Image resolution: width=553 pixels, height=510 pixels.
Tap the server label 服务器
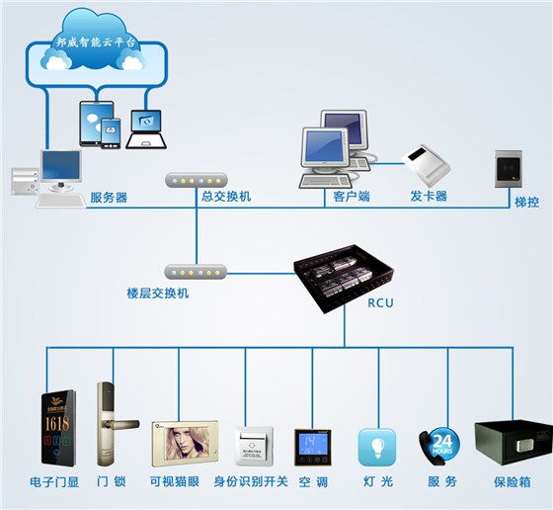109,197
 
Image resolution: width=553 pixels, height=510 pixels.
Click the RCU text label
379,303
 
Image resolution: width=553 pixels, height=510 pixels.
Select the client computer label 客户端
345,197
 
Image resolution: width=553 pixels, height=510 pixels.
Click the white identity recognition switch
252,446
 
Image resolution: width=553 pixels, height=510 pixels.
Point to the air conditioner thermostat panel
312,447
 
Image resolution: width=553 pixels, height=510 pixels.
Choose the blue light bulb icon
376,447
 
